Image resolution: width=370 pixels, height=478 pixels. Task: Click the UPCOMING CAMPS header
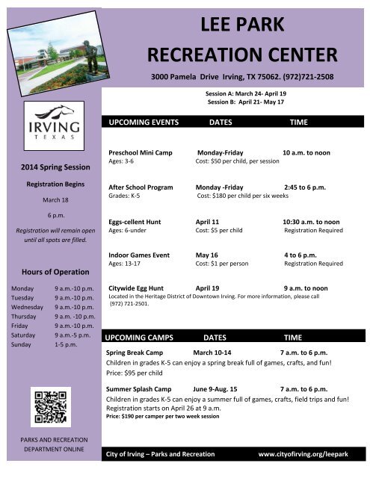tap(142, 338)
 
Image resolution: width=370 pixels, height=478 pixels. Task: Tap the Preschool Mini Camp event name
tap(146, 152)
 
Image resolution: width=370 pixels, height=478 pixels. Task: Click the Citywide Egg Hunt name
tap(141, 288)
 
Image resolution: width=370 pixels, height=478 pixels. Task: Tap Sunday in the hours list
tap(19, 346)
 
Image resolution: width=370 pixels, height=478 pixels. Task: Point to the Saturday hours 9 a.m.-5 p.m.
tap(73, 336)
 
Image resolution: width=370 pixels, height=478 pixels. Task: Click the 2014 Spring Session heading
tap(49, 165)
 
